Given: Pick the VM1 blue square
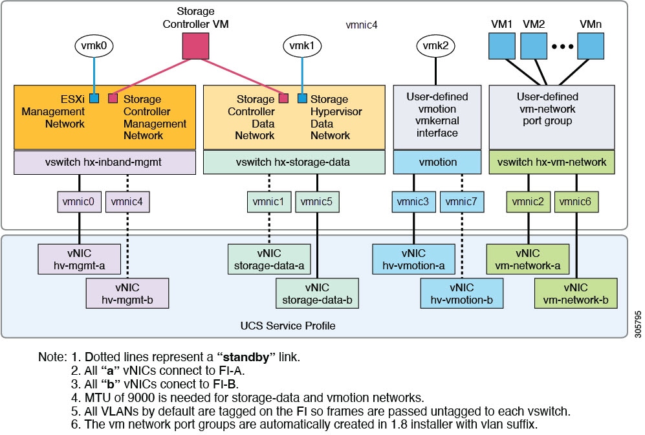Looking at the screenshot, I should (x=500, y=46).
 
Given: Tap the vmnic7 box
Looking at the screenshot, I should (x=461, y=201).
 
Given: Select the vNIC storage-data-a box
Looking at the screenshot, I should (x=269, y=259).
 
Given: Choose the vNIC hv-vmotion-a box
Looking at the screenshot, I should (x=413, y=259).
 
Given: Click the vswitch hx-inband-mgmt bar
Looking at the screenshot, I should (x=104, y=162).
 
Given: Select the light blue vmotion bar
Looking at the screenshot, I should (x=437, y=162).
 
